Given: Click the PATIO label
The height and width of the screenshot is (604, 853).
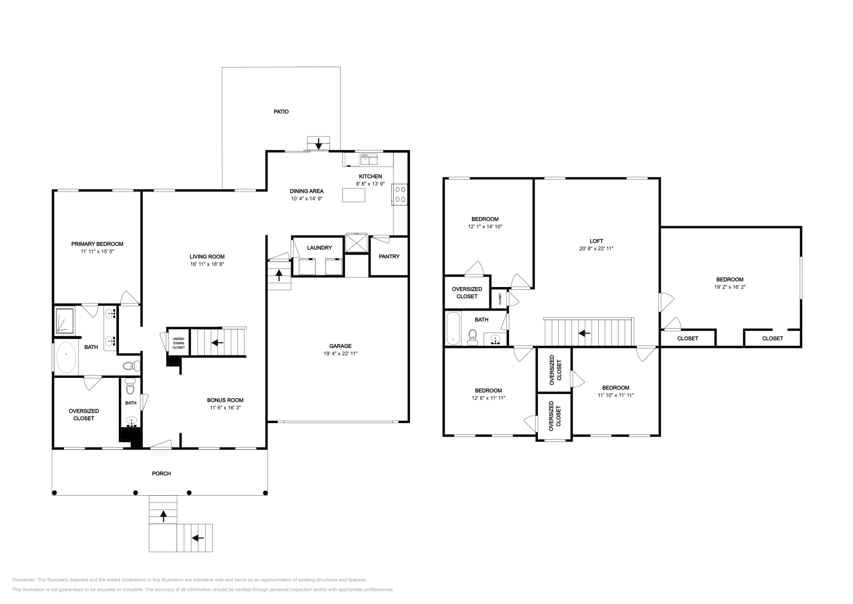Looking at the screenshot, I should pyautogui.click(x=281, y=112).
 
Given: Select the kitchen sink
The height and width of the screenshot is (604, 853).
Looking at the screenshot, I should pyautogui.click(x=369, y=158).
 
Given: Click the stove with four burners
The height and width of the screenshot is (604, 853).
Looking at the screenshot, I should pyautogui.click(x=400, y=194).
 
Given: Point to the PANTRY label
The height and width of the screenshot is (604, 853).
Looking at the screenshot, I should pyautogui.click(x=389, y=257).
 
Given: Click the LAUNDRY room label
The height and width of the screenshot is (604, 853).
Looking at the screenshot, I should pyautogui.click(x=319, y=248).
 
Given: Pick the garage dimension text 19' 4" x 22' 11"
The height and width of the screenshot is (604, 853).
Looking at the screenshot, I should pyautogui.click(x=340, y=353).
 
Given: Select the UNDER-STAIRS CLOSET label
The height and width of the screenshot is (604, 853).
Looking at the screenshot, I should pyautogui.click(x=178, y=342).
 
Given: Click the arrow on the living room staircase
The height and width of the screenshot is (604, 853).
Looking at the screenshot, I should pyautogui.click(x=217, y=342).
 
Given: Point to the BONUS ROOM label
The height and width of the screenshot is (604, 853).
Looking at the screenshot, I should pyautogui.click(x=225, y=400).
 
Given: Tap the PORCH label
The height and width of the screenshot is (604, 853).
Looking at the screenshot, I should pyautogui.click(x=161, y=473).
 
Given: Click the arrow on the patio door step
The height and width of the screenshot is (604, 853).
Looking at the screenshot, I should pyautogui.click(x=319, y=144).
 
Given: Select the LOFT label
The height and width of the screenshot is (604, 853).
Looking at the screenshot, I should pyautogui.click(x=596, y=241).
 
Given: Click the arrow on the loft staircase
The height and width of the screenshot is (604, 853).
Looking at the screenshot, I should pyautogui.click(x=584, y=333).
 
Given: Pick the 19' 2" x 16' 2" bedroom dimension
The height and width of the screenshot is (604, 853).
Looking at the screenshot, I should pyautogui.click(x=729, y=287).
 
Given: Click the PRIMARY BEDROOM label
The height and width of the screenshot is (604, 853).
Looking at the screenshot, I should pyautogui.click(x=97, y=244).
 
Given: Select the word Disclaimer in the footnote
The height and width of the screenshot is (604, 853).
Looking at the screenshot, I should pyautogui.click(x=23, y=579).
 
